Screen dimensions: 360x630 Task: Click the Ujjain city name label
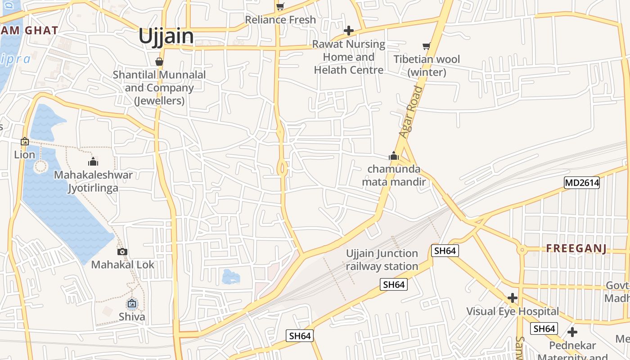(166, 36)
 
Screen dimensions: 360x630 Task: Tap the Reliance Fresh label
(280, 20)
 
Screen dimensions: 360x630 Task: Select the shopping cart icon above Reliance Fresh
(280, 6)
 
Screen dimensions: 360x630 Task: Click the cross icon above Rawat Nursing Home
(348, 31)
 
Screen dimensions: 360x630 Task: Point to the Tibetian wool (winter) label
(427, 66)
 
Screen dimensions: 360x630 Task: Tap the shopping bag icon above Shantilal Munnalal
(159, 62)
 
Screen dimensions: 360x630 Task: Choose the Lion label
(24, 155)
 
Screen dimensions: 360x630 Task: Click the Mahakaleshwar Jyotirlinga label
(93, 181)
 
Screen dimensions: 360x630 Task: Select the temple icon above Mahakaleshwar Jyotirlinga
(93, 162)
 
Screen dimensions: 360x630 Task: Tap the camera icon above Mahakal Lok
(122, 252)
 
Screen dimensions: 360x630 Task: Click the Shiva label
(132, 317)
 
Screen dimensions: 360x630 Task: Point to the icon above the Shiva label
(132, 303)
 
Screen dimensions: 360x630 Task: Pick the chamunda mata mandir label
(394, 175)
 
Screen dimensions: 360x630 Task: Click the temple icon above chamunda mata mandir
(394, 156)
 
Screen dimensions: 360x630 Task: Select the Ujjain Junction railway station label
(382, 260)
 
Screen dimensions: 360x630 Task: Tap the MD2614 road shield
(582, 182)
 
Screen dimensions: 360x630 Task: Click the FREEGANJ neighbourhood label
(576, 248)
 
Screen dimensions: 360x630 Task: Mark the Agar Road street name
(411, 112)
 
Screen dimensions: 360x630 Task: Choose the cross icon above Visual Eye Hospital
(512, 298)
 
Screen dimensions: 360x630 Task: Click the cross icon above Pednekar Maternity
(572, 332)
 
